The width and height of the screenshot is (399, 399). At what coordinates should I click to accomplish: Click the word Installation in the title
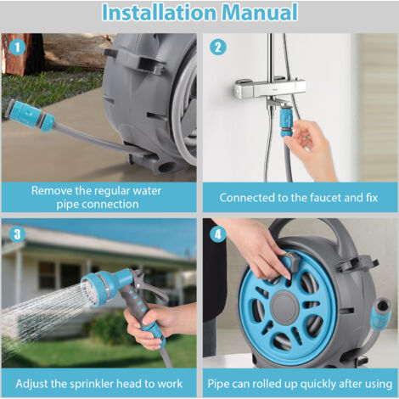coord(159,13)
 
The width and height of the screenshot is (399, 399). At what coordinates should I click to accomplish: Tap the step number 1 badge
coord(17,48)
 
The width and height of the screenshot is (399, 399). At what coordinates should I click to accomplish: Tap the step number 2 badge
coord(218,48)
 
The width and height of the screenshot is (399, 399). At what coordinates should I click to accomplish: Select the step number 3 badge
coord(17,234)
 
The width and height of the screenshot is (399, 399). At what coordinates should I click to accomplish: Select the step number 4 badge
coord(218,234)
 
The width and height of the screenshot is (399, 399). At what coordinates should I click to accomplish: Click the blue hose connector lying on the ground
coord(31,115)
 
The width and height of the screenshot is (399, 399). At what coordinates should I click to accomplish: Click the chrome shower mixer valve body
coord(270,87)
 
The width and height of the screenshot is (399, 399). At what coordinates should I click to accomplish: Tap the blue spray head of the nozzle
coord(104,286)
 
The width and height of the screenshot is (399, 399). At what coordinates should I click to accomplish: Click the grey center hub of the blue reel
coord(285,307)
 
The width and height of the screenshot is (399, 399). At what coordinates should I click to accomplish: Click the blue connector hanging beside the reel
coord(381,316)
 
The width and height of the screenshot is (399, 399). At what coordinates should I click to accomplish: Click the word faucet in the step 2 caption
coord(325,198)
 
